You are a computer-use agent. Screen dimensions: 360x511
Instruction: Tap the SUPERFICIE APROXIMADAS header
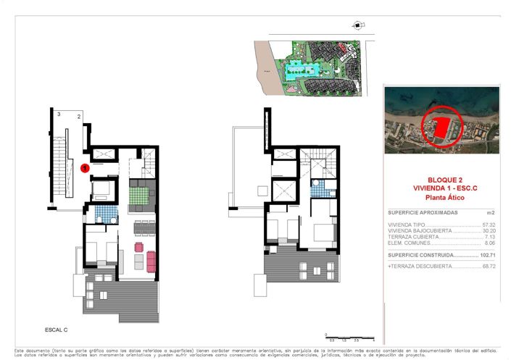[422, 213]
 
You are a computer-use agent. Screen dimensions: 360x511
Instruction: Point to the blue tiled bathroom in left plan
[107, 214]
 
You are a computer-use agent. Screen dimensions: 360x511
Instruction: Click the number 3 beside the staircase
[58, 114]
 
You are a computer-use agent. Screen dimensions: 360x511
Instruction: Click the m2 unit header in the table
[491, 213]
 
